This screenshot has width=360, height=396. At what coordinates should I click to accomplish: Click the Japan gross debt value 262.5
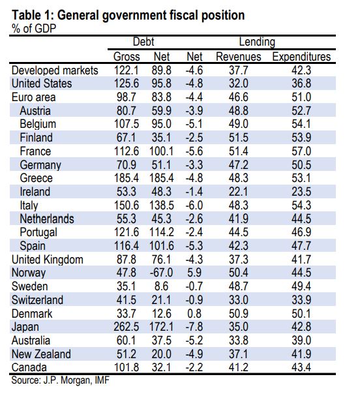tap(127, 327)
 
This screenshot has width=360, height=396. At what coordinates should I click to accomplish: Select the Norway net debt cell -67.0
tap(162, 273)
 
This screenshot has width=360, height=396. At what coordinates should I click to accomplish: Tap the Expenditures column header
tap(301, 57)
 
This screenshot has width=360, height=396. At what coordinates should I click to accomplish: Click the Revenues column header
tap(239, 57)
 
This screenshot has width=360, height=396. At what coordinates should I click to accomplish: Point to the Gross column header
tap(127, 57)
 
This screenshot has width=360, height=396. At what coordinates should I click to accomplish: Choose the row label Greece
tap(37, 178)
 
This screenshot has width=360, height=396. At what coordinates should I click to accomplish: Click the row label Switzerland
tap(37, 300)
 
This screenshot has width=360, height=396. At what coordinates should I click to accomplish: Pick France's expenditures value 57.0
tap(301, 151)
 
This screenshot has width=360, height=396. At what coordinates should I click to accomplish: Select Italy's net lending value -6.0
tap(194, 205)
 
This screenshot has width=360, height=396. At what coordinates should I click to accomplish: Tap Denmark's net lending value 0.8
tap(194, 313)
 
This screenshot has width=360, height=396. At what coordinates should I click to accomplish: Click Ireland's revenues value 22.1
tap(239, 192)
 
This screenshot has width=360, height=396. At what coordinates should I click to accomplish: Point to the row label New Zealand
tap(41, 354)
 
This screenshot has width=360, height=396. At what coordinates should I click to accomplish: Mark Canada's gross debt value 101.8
tap(127, 367)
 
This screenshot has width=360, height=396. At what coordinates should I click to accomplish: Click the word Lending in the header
tap(257, 42)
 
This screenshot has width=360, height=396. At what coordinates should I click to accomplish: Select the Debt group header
tap(143, 42)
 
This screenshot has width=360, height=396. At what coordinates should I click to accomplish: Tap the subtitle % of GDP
tap(34, 29)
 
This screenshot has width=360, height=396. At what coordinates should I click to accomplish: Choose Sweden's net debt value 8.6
tap(162, 286)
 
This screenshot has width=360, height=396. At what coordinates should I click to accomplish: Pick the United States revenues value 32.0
tap(239, 84)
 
